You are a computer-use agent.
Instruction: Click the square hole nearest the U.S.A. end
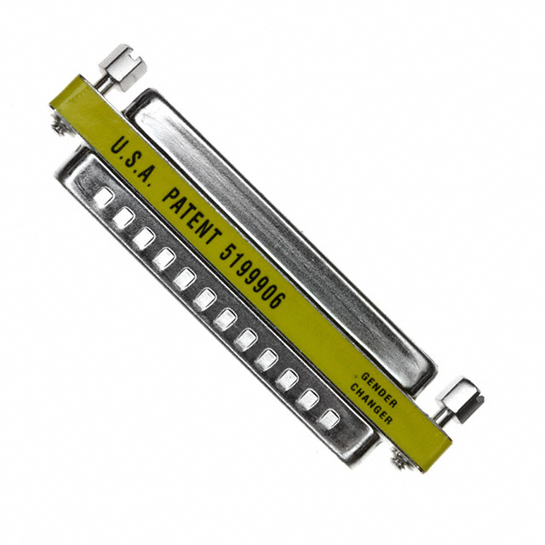(x=103, y=197)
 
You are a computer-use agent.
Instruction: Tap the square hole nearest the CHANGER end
(x=330, y=418)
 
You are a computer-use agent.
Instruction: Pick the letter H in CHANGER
(x=358, y=388)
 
